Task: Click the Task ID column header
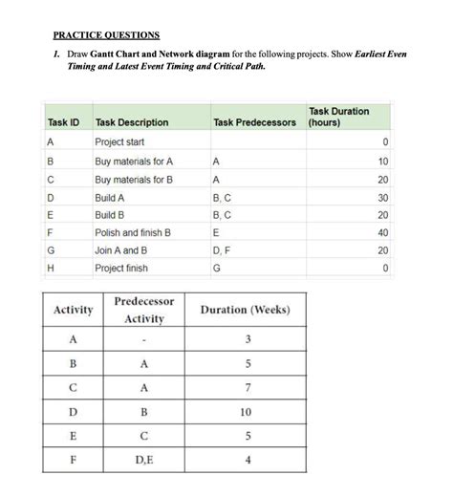pyautogui.click(x=63, y=122)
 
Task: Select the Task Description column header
pyautogui.click(x=132, y=122)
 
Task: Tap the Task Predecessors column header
pyautogui.click(x=256, y=122)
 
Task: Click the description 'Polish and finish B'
pyautogui.click(x=133, y=232)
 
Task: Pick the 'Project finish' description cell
pyautogui.click(x=121, y=269)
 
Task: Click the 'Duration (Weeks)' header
pyautogui.click(x=245, y=310)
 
